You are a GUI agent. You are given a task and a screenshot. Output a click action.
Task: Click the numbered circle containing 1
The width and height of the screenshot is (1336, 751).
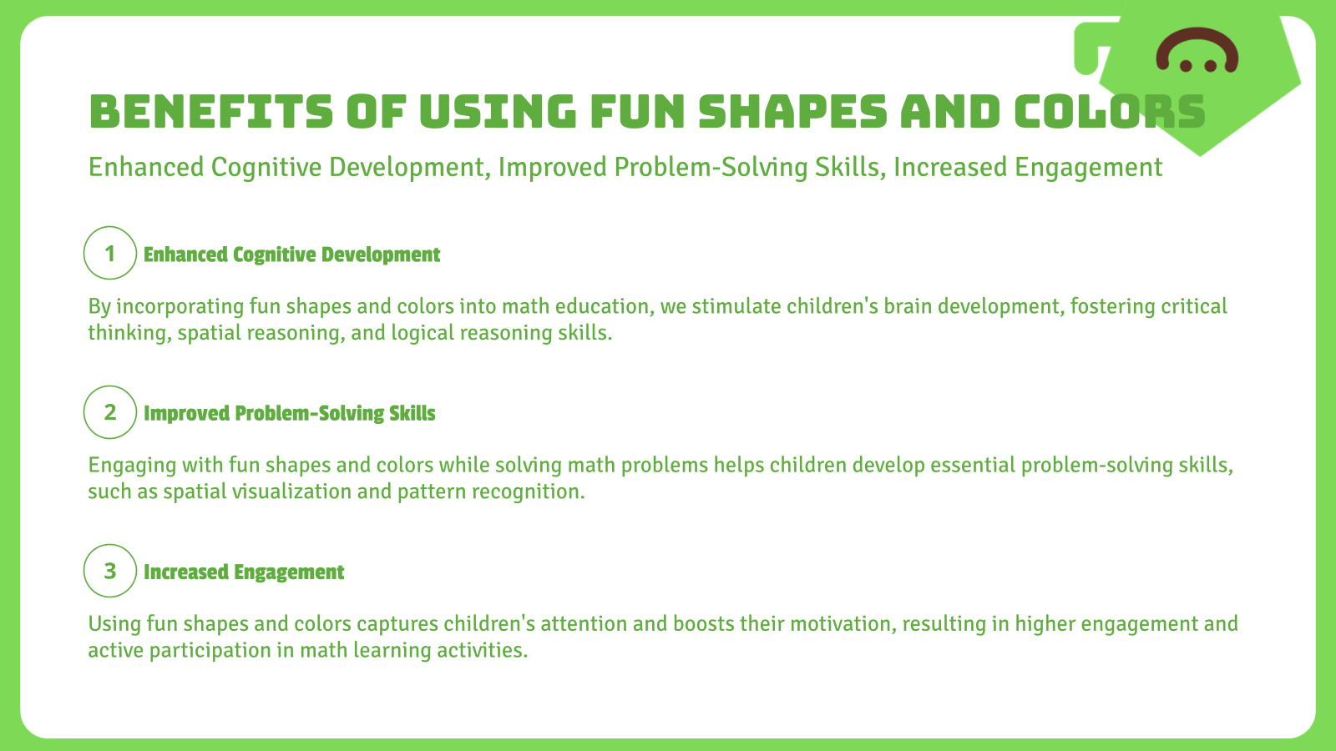[109, 253]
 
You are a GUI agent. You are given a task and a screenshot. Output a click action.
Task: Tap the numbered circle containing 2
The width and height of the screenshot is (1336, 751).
[109, 411]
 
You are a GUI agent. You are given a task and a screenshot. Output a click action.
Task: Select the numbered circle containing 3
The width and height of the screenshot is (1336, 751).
[109, 570]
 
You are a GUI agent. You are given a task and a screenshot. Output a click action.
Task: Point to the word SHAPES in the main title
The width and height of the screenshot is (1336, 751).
[792, 112]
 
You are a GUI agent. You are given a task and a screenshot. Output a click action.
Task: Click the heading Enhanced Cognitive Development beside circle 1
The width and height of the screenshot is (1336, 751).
[291, 255]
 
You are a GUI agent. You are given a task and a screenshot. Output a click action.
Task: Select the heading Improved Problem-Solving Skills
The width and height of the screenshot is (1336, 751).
[289, 413]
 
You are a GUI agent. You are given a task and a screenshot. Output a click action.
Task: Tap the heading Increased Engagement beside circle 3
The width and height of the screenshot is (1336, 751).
[243, 572]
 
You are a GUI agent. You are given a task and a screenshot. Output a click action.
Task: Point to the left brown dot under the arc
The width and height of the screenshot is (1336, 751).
[1185, 65]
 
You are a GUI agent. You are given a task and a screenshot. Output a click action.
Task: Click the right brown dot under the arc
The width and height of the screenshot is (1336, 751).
[1211, 65]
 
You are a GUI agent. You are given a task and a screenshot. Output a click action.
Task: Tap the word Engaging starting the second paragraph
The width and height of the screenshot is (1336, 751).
[128, 465]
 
